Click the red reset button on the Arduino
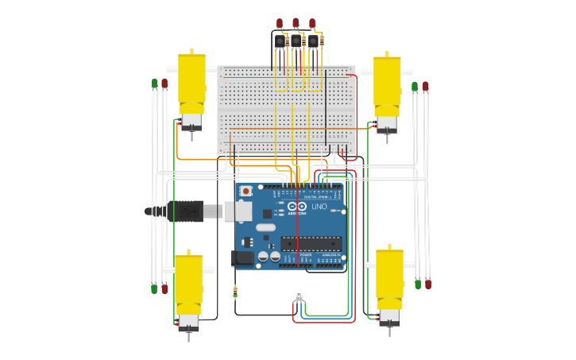click(x=246, y=192)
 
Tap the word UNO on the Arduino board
click(x=319, y=207)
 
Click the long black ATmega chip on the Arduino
click(x=311, y=243)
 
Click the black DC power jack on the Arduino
click(x=242, y=258)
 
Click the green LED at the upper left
click(x=154, y=83)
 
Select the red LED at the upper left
click(x=164, y=83)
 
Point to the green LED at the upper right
click(x=415, y=86)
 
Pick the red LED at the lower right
click(x=428, y=284)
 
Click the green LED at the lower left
click(x=154, y=288)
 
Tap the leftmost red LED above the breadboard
click(x=280, y=23)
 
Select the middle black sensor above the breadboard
click(x=296, y=41)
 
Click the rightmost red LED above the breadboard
click(x=312, y=23)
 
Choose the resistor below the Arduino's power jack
click(x=235, y=292)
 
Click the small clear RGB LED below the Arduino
click(x=299, y=296)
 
